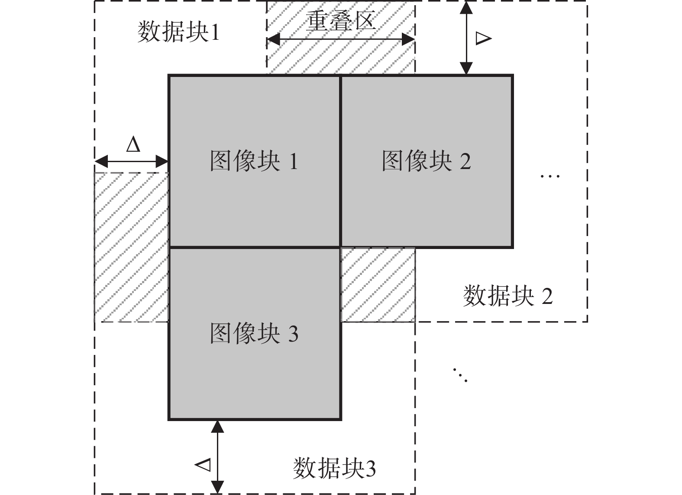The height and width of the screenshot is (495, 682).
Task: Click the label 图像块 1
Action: (x=254, y=161)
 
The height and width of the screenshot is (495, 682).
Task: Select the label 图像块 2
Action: (x=426, y=161)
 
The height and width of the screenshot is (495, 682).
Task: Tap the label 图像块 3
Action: (x=254, y=333)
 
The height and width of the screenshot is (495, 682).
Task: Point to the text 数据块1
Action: (x=178, y=32)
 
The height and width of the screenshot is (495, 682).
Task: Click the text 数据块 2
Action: (x=507, y=297)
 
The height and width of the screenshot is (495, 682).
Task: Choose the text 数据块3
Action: (x=334, y=469)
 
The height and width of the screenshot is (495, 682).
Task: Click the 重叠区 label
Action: (x=341, y=20)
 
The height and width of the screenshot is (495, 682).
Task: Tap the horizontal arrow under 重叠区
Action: (x=341, y=40)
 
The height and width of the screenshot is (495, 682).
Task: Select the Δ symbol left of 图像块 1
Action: (x=133, y=145)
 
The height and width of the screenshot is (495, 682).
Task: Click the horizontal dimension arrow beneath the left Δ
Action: (x=131, y=162)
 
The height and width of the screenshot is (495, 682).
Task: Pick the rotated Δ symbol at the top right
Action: (x=483, y=38)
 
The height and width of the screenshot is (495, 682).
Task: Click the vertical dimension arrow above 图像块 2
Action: (x=466, y=38)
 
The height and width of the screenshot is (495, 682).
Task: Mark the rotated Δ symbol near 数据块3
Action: (x=203, y=465)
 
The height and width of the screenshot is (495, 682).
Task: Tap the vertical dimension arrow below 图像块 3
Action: (x=217, y=457)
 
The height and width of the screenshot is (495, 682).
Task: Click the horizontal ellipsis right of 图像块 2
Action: (x=550, y=176)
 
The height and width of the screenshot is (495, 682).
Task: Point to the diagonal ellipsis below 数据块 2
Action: (x=460, y=375)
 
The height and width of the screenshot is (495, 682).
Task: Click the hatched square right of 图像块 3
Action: (x=378, y=285)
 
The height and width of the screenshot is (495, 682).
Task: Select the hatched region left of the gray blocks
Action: (x=131, y=247)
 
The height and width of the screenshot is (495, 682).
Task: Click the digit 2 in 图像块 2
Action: (x=465, y=162)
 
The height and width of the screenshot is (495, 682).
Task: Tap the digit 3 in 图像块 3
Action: (x=293, y=334)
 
